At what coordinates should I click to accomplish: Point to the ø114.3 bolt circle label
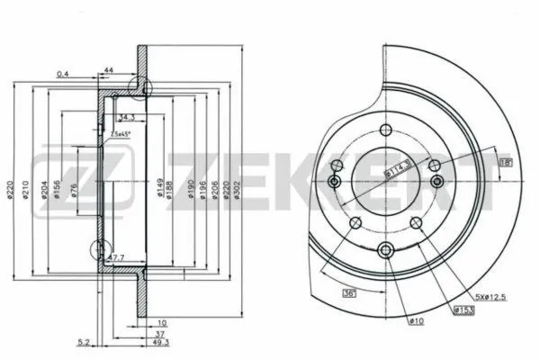pyautogui.click(x=398, y=166)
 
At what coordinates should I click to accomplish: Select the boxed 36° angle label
pyautogui.click(x=347, y=292)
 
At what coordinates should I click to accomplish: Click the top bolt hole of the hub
pyautogui.click(x=385, y=130)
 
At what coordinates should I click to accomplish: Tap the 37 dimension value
pyautogui.click(x=159, y=332)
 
